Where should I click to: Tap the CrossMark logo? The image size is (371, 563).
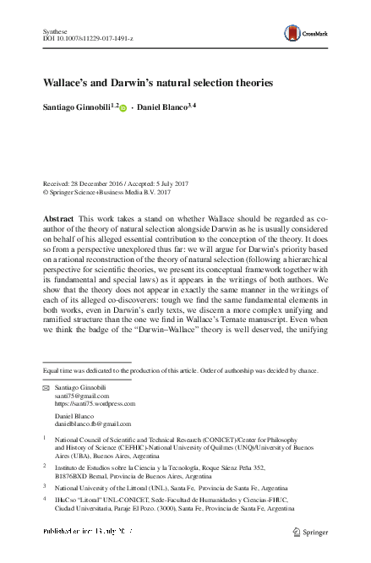pos(308,33)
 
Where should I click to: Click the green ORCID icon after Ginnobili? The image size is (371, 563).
pos(123,109)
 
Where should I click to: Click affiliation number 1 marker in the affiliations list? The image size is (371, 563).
pos(44,438)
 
